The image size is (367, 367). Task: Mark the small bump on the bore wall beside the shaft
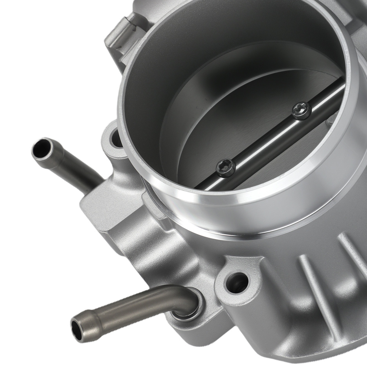click(332, 119)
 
